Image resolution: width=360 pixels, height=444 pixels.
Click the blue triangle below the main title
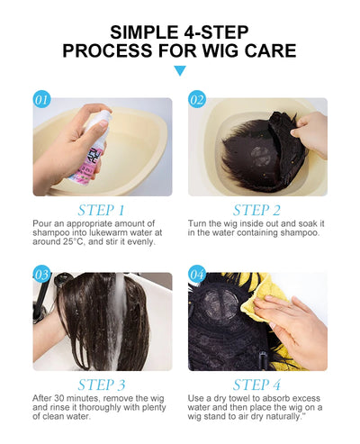(180, 70)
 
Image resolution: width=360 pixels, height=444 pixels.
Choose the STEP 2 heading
(257, 211)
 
